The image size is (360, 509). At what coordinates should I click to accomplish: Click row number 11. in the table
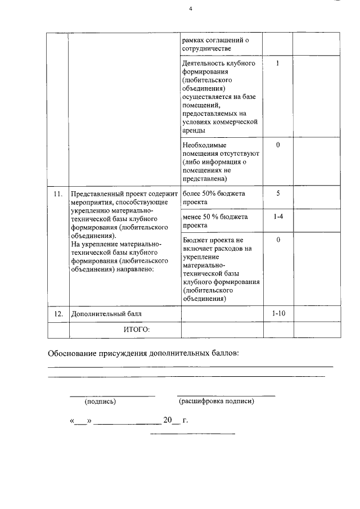[57, 194]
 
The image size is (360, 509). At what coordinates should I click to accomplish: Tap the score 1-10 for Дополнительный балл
[278, 313]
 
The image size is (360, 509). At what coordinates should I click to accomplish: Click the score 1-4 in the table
[278, 217]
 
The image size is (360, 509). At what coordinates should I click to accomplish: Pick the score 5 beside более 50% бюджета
[278, 193]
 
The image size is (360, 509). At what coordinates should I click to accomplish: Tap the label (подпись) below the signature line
[100, 402]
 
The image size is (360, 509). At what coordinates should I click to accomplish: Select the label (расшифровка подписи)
[217, 402]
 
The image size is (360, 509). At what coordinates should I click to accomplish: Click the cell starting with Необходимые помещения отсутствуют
[220, 162]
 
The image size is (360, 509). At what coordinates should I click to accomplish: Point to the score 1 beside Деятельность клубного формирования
[278, 64]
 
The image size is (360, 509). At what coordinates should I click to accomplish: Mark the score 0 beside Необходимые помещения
[278, 145]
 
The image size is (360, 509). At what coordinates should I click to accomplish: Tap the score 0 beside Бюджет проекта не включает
[278, 240]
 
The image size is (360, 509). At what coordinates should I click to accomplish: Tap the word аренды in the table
[194, 130]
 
